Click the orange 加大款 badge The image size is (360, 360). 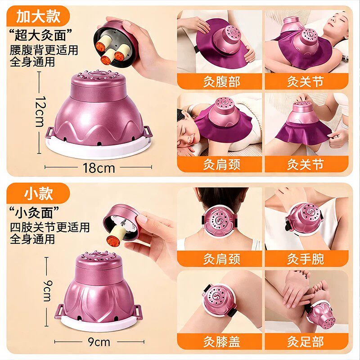(x=38, y=16)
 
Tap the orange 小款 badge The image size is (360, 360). (x=38, y=193)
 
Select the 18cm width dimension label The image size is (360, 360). (x=99, y=168)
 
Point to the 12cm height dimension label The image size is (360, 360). (x=41, y=111)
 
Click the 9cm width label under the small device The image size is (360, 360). (x=99, y=342)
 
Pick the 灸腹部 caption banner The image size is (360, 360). (x=220, y=81)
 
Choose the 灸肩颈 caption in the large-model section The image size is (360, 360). (x=220, y=164)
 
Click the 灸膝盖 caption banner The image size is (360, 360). (x=220, y=342)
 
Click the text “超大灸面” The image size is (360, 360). (x=40, y=35)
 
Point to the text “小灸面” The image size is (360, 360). (x=35, y=212)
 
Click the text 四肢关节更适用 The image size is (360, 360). (x=49, y=227)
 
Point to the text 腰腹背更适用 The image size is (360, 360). (x=44, y=50)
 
